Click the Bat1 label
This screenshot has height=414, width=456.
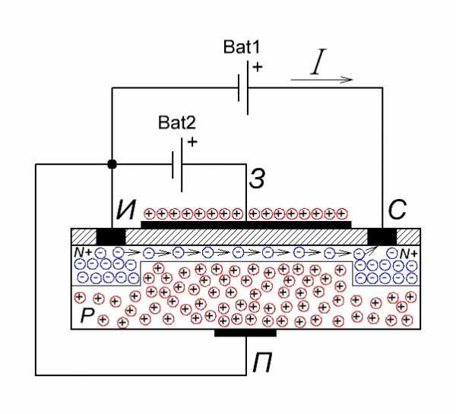[242, 47]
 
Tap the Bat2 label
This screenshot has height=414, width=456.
[177, 122]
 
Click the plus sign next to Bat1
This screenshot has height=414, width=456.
[258, 67]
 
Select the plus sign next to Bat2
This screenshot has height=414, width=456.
[192, 142]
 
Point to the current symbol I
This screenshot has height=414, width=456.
[318, 62]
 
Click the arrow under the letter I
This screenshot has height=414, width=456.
[321, 79]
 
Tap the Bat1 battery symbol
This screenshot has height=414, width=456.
[243, 87]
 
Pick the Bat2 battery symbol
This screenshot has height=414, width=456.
[177, 165]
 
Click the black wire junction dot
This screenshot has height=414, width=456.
[112, 164]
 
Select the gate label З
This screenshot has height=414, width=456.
[257, 179]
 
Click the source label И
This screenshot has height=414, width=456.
[126, 210]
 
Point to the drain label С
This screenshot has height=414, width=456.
[397, 210]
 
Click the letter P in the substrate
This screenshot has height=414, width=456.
[87, 314]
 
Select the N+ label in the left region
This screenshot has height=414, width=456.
[83, 252]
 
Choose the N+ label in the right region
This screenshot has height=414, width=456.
[409, 254]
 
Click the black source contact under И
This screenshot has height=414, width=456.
[111, 236]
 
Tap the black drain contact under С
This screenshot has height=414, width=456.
[382, 236]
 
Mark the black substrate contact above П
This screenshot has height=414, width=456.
[245, 333]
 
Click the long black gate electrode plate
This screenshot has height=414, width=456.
[246, 224]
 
